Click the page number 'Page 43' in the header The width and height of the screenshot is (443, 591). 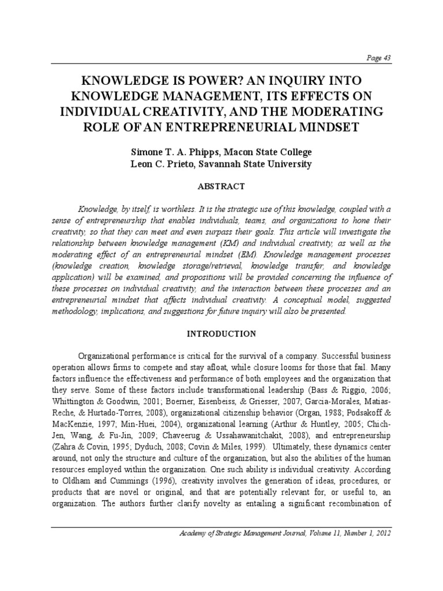[x=379, y=57]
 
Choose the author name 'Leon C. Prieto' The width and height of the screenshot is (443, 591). [x=163, y=164]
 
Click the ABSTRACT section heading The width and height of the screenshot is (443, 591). [x=221, y=186]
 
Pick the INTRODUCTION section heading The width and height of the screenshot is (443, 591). [x=221, y=334]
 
